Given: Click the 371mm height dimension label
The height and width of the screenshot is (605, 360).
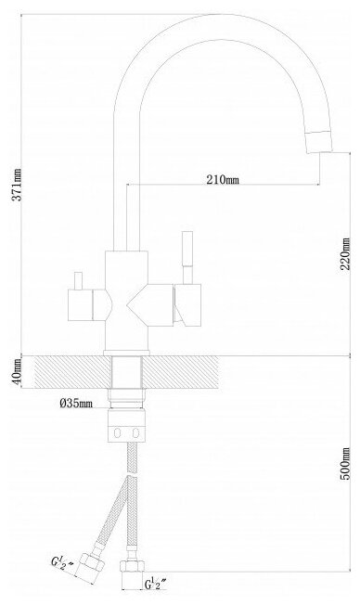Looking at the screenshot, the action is coord(17,185).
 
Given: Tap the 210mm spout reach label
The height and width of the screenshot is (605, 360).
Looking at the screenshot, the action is coord(223,180).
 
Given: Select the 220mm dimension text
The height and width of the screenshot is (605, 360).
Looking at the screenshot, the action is coord(346,253).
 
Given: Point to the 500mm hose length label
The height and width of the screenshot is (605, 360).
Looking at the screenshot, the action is coord(346,463).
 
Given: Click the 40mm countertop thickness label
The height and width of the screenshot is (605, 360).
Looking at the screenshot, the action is coord(16,372).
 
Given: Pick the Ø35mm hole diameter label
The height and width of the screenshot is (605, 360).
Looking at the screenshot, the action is coord(76,404).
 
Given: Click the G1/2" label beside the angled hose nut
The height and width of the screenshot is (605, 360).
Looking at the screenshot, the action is coord(63,562).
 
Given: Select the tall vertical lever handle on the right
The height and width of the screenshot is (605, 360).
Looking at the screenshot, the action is coord(187,257).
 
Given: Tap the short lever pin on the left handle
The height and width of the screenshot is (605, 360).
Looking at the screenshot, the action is coord(79,280).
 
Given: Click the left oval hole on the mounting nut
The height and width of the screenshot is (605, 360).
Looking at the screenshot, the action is coord(117,433).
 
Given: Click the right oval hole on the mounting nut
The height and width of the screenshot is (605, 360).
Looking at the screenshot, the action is coord(135,433).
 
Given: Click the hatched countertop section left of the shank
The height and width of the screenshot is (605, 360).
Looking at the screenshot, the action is coord(71,372).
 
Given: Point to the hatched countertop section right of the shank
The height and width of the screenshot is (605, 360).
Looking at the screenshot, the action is coord(181,372).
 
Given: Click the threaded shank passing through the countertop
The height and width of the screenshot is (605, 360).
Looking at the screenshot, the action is coord(126,372).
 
